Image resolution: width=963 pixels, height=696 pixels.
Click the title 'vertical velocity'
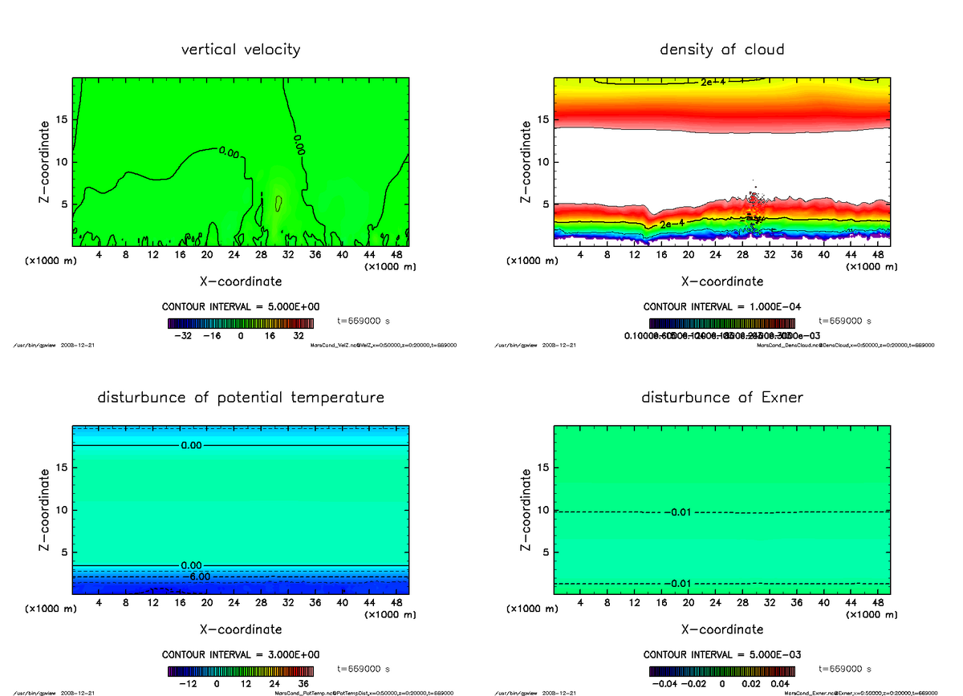(241, 50)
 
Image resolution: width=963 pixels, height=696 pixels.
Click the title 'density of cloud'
(721, 50)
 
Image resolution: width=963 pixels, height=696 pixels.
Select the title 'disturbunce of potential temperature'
(241, 398)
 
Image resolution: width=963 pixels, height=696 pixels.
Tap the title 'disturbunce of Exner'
(721, 398)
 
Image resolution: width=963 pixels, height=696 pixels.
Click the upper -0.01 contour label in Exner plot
(677, 512)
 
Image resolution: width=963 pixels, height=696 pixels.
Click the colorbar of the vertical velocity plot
(241, 323)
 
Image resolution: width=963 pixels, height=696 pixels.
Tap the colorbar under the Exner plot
(721, 671)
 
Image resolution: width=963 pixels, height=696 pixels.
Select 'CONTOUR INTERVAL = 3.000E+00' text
(241, 654)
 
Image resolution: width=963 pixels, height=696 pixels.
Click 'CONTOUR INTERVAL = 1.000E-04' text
(721, 306)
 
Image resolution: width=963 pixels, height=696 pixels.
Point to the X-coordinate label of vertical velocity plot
(241, 281)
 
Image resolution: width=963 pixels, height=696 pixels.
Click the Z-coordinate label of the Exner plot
(526, 510)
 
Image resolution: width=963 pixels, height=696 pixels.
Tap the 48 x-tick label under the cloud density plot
(877, 255)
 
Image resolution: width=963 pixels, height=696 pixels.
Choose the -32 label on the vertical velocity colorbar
(183, 337)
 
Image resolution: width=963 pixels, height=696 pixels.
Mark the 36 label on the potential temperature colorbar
(303, 685)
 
